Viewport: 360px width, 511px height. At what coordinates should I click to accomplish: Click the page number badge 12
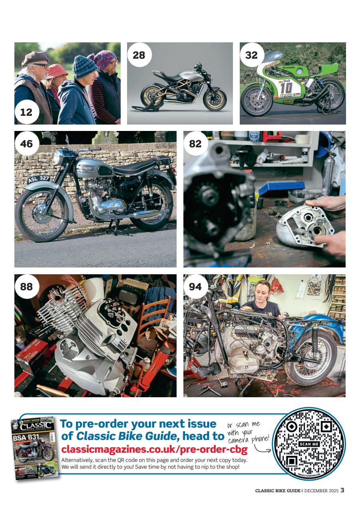(26, 113)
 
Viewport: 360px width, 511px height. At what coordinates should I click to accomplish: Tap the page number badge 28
(139, 55)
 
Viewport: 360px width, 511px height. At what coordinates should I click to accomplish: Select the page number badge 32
(251, 55)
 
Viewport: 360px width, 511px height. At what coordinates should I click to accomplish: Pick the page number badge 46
(26, 143)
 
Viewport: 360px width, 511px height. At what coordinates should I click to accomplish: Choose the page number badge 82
(195, 143)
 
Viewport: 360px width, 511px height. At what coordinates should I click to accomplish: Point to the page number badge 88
(26, 286)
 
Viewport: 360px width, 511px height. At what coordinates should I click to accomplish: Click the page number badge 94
(195, 286)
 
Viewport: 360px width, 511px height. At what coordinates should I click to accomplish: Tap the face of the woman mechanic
(265, 291)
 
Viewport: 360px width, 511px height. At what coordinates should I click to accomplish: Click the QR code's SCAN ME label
(309, 444)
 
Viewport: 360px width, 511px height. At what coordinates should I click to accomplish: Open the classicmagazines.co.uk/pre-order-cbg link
(154, 450)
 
